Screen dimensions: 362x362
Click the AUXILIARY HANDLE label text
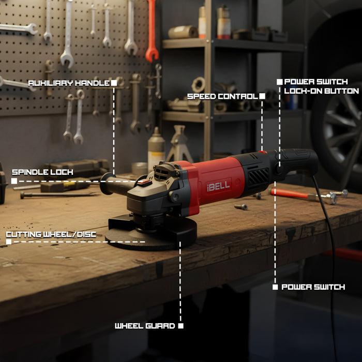pyautogui.click(x=68, y=83)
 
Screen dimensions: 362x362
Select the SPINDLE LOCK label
pyautogui.click(x=42, y=172)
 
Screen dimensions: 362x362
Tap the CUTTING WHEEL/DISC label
pyautogui.click(x=51, y=234)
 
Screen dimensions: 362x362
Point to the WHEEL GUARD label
pyautogui.click(x=145, y=326)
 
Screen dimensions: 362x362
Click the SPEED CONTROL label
pyautogui.click(x=222, y=96)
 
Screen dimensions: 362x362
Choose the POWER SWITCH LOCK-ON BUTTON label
pyautogui.click(x=321, y=86)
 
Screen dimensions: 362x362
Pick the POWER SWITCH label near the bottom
pyautogui.click(x=313, y=286)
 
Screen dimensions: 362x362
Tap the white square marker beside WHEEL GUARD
pyautogui.click(x=180, y=326)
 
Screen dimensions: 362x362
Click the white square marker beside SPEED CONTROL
pyautogui.click(x=262, y=96)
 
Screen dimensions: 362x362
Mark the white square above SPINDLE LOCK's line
pyautogui.click(x=14, y=181)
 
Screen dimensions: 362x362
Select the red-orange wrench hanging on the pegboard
pyautogui.click(x=151, y=31)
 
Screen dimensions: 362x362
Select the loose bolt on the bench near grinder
pyautogui.click(x=240, y=207)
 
